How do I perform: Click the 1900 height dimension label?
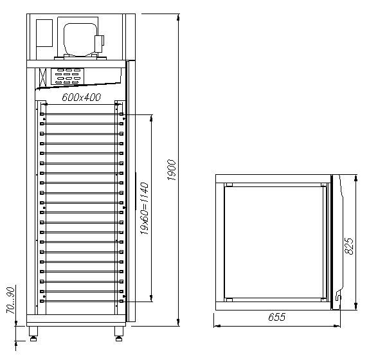(172, 170)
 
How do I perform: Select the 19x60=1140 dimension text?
(145, 208)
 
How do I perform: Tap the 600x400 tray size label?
(82, 97)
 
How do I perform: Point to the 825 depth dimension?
(349, 246)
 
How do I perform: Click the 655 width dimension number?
(277, 317)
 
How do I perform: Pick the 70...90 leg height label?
(11, 300)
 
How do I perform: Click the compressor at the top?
(80, 39)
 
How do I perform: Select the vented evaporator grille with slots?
(67, 76)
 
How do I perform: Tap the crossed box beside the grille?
(42, 77)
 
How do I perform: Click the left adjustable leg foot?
(33, 339)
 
